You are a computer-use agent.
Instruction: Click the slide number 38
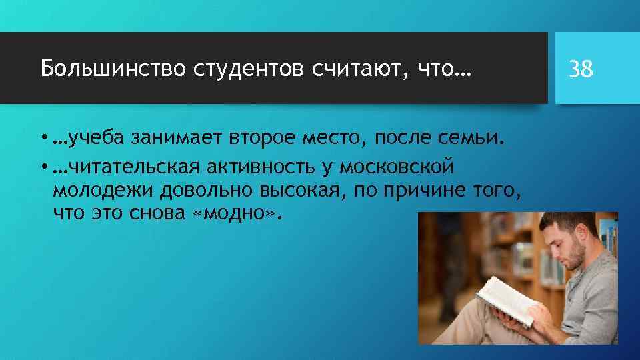(x=581, y=68)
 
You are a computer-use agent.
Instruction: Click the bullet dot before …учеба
(x=43, y=139)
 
